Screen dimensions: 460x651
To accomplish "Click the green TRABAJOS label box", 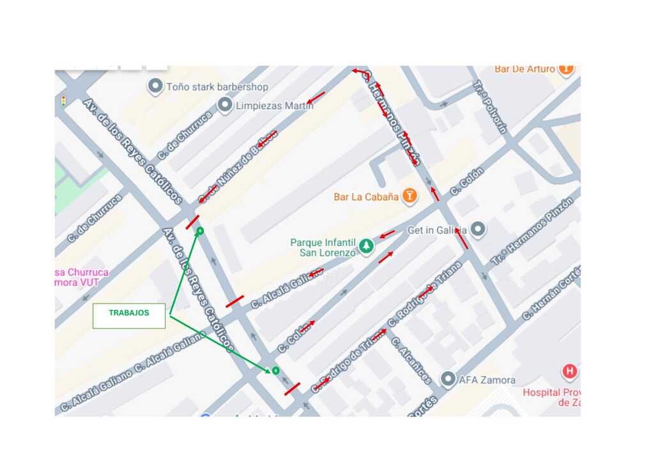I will (129, 316).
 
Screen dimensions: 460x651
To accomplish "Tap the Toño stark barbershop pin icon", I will (155, 86).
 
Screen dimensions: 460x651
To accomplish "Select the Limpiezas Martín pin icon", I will (224, 105).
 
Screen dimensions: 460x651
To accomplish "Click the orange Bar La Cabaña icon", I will (410, 195).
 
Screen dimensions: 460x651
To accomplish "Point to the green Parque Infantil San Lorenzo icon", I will (366, 246).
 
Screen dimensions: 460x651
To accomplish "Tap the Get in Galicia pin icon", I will (477, 229).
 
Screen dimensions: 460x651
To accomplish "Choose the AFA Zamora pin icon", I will (448, 379).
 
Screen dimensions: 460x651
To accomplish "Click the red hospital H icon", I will (569, 371).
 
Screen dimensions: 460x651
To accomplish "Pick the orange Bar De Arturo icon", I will (565, 68).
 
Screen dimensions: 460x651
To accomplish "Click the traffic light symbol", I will (63, 101).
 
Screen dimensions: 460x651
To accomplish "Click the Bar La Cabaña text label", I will (366, 197).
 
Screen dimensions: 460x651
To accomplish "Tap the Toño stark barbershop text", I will (217, 86).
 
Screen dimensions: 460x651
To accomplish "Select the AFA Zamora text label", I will (487, 380).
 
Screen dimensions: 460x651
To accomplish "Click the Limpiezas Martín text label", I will (275, 105).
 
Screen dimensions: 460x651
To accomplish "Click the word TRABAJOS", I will (129, 313).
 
